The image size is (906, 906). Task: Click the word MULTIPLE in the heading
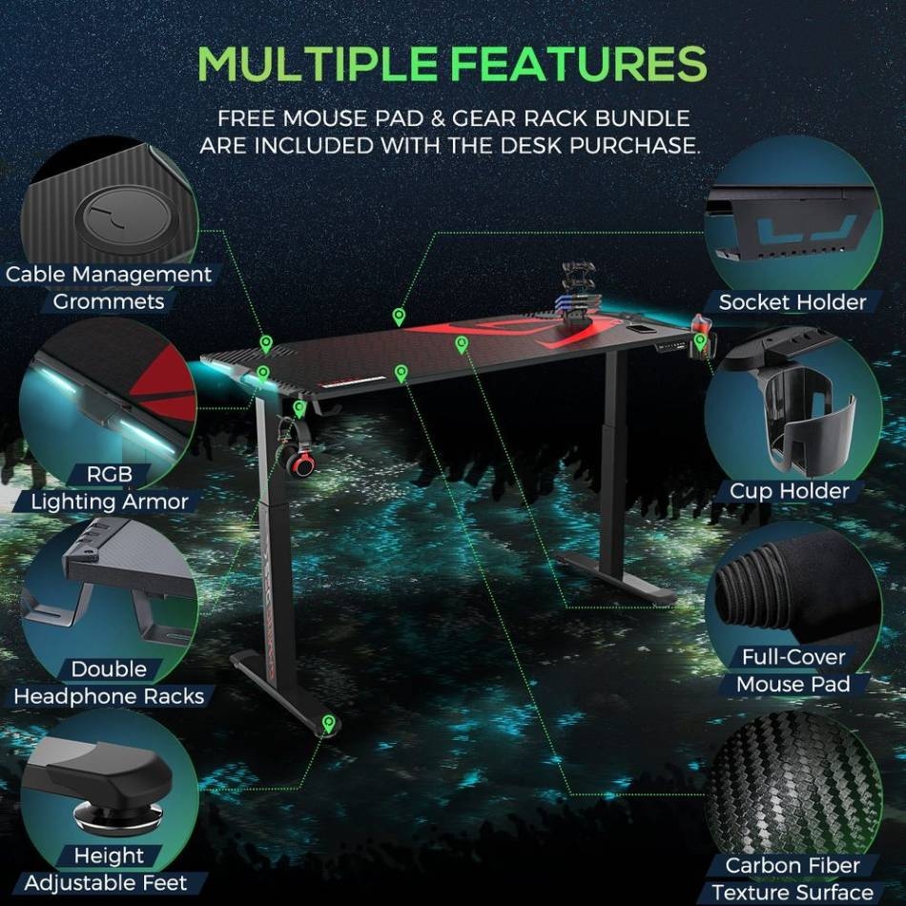click(317, 64)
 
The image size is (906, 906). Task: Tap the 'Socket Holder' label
click(793, 301)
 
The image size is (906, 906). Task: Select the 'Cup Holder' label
click(790, 491)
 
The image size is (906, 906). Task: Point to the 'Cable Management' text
click(109, 274)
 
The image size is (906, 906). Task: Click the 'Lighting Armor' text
click(110, 502)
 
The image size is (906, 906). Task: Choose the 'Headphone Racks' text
click(109, 696)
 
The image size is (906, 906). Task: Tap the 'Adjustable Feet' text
click(106, 883)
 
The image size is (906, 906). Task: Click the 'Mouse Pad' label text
click(793, 684)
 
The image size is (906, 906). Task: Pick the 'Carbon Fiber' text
click(793, 865)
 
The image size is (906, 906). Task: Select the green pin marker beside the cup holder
click(700, 340)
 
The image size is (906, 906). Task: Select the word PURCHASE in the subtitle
click(634, 146)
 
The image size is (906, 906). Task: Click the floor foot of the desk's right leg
click(615, 579)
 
